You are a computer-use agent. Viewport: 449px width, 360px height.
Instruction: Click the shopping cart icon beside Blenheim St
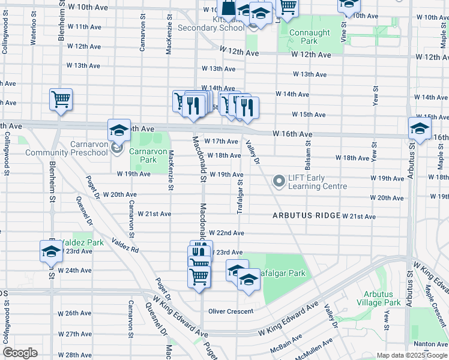point(61,100)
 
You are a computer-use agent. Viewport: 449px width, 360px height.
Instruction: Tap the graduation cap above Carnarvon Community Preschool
point(119,130)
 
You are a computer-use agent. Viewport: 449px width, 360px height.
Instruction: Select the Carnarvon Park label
point(143,155)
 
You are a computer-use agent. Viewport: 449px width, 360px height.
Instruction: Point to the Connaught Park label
point(310,37)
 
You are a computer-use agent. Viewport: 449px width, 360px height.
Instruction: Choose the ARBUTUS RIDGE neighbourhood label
point(306,215)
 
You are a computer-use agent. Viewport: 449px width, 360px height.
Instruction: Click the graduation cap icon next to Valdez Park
point(51,251)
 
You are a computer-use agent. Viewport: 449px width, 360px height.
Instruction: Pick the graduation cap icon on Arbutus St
point(419,128)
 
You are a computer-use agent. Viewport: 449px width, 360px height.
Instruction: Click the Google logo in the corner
point(20,353)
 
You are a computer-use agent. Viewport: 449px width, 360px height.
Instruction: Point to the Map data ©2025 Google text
point(412,355)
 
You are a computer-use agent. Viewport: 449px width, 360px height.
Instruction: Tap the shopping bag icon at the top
point(229,8)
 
